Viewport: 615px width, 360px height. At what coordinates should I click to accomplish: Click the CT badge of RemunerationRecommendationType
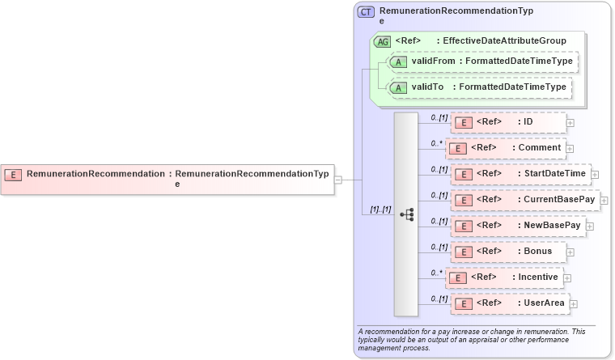pos(366,12)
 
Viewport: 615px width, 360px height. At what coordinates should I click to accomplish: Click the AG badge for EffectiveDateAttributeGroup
pos(381,41)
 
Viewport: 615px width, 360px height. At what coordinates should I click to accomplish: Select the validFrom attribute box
pos(483,61)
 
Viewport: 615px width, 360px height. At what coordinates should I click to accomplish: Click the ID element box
pos(508,122)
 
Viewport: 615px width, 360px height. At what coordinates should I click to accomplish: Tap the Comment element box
pos(506,148)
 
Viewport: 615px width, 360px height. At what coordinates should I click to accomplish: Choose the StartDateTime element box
pos(520,174)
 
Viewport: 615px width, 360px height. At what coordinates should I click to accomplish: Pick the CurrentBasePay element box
pos(524,200)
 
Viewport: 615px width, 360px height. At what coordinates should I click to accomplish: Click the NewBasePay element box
pos(517,226)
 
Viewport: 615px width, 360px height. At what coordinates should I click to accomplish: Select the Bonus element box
pos(508,252)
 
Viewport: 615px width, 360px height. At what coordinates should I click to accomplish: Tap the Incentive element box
pos(504,277)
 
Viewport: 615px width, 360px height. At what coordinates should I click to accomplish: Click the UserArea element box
pos(510,303)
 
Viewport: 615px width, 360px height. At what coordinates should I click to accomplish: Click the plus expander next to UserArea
pos(574,304)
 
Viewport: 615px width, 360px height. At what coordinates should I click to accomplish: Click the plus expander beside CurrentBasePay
pos(604,201)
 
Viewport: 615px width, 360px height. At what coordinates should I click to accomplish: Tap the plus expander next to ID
pos(570,123)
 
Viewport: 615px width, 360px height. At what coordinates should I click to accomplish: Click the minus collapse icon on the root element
pos(338,180)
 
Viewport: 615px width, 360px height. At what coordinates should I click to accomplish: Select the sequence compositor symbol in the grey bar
pos(407,214)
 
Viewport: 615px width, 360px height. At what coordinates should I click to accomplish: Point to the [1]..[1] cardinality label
pos(380,210)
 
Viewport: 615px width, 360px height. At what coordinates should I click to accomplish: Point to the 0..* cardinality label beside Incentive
pos(437,273)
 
